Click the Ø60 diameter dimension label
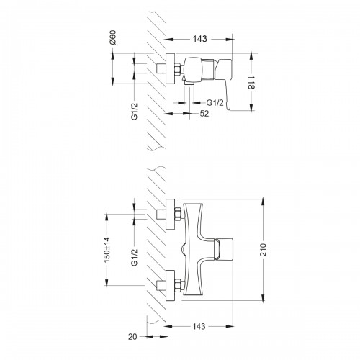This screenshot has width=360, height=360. (x=113, y=37)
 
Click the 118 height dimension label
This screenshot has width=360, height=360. (x=251, y=82)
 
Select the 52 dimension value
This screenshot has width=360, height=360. (x=204, y=114)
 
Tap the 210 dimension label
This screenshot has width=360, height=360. (x=264, y=250)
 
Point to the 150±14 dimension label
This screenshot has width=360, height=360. (x=107, y=250)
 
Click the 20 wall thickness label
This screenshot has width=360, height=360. (x=132, y=337)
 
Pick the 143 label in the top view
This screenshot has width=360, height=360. (x=199, y=39)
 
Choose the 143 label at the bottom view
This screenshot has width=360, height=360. (x=199, y=326)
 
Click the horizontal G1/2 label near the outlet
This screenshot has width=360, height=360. (x=215, y=103)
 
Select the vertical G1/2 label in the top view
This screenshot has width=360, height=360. (x=135, y=111)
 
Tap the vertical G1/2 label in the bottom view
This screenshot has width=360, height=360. (x=135, y=257)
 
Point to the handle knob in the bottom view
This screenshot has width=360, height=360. (x=224, y=249)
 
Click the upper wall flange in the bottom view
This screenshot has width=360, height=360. (x=170, y=215)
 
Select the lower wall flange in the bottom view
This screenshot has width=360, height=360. (x=170, y=285)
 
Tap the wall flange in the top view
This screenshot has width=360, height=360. (x=170, y=68)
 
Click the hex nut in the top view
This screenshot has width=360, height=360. (x=178, y=68)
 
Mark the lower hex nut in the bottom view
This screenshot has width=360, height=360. (x=178, y=285)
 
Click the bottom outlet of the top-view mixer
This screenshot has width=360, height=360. (x=189, y=83)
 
